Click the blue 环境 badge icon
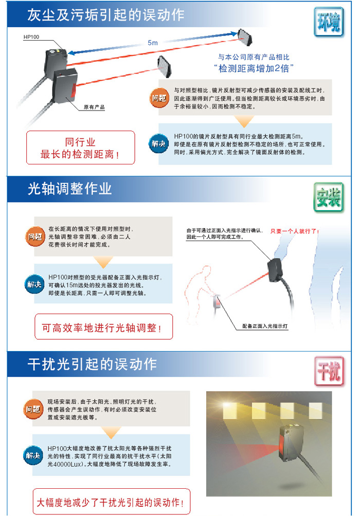(329, 22)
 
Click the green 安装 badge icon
(329, 197)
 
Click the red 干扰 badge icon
(329, 371)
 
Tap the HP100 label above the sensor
(31, 37)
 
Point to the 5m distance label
(153, 43)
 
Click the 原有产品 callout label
(94, 107)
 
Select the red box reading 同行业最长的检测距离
(80, 148)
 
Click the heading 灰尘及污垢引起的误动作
(105, 15)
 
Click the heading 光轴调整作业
(69, 189)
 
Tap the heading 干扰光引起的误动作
(92, 364)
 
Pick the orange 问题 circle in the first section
(159, 98)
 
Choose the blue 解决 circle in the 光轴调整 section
(34, 284)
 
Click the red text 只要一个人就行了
(295, 231)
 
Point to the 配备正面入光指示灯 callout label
(265, 326)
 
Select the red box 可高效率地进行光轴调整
(103, 327)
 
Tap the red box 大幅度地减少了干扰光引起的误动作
(111, 502)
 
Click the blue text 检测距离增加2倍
(253, 68)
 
